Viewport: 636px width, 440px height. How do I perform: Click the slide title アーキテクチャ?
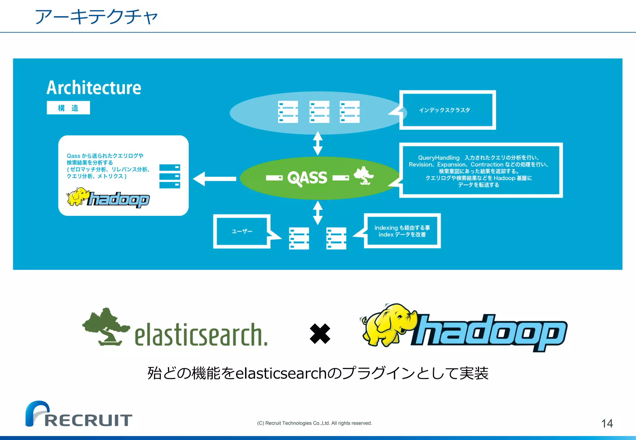click(x=96, y=17)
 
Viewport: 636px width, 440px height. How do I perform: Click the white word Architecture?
click(x=94, y=88)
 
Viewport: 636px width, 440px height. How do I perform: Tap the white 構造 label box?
click(x=68, y=108)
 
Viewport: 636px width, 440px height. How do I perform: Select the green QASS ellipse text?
click(x=307, y=178)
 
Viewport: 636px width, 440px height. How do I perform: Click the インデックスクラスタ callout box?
click(x=447, y=110)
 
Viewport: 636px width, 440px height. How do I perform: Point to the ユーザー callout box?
click(x=242, y=231)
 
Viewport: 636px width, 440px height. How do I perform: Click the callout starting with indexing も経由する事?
click(x=402, y=231)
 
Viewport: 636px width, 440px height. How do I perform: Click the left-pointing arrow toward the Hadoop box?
click(x=214, y=179)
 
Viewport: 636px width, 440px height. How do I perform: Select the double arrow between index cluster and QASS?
click(x=317, y=143)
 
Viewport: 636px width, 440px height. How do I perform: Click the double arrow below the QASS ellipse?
click(x=317, y=213)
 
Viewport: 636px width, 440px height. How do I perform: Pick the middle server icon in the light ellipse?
click(x=319, y=112)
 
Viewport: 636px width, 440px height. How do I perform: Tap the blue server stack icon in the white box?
click(x=170, y=176)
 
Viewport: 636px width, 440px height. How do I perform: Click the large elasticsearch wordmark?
click(x=201, y=335)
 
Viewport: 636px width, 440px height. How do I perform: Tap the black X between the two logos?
click(x=320, y=334)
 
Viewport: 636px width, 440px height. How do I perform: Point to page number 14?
click(x=607, y=424)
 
